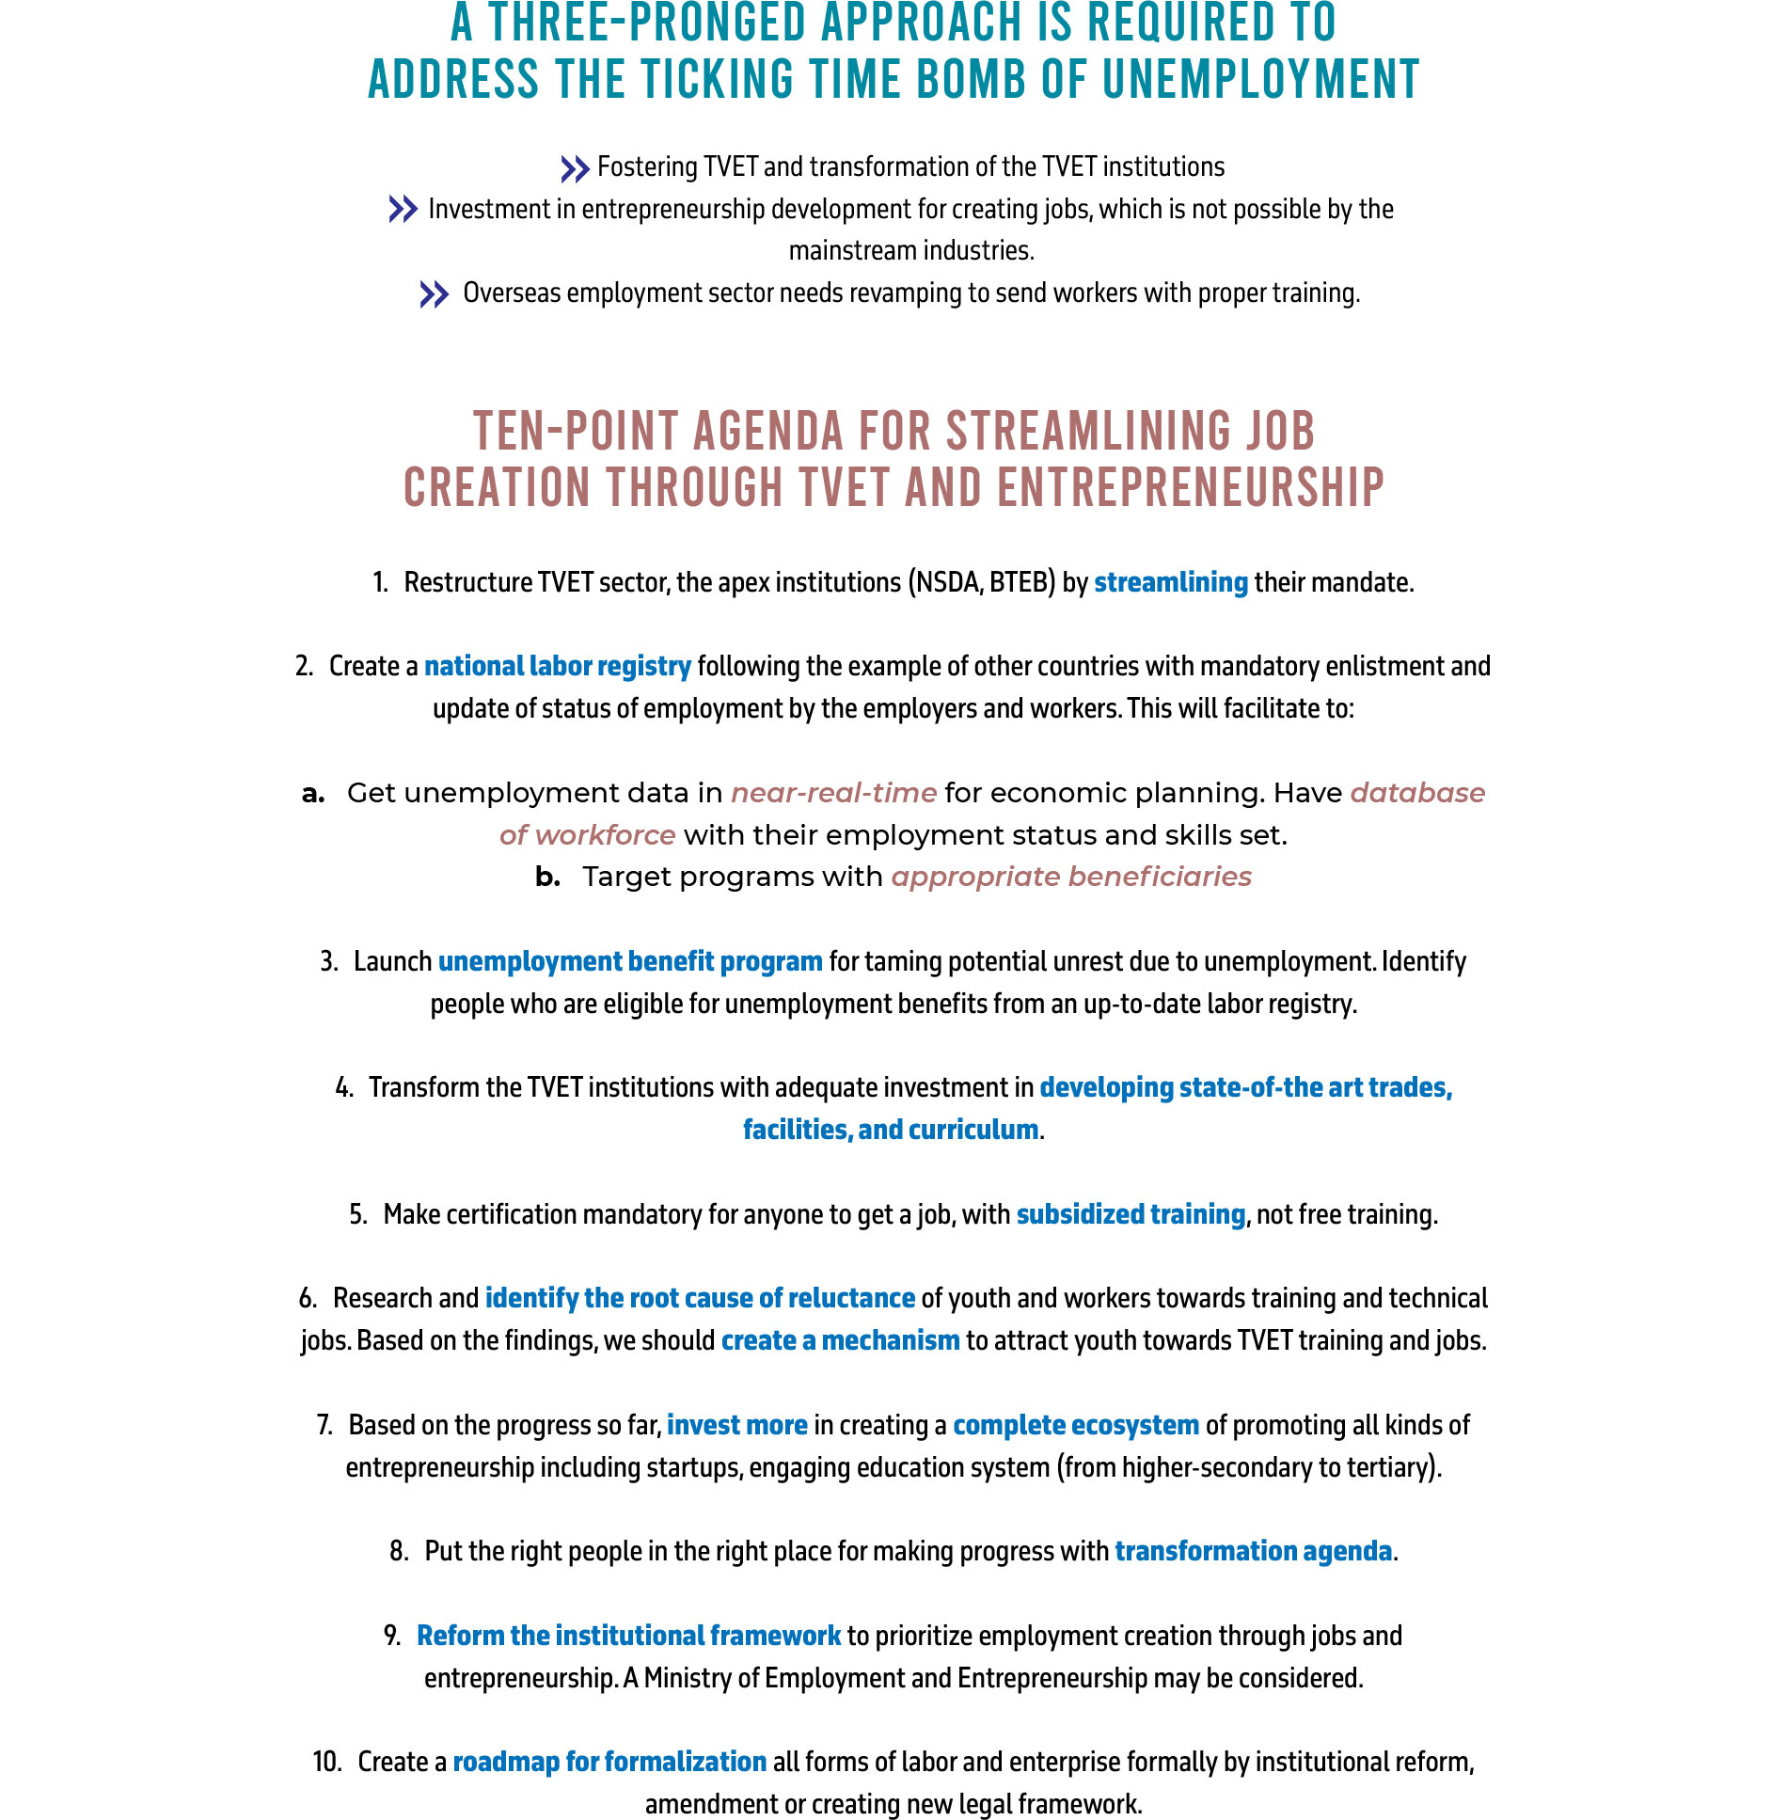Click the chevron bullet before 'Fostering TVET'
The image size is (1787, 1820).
coord(575,169)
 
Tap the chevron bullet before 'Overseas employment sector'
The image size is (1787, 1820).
coord(434,295)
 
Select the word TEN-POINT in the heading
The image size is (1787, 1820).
coord(575,432)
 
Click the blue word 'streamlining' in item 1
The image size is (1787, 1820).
coord(1170,583)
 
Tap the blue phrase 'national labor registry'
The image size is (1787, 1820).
coord(557,667)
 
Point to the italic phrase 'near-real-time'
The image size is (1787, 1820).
coord(833,793)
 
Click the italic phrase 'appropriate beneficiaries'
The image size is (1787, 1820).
coord(1071,877)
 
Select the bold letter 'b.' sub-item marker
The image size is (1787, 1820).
coord(547,877)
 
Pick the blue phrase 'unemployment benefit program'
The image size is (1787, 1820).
coord(630,962)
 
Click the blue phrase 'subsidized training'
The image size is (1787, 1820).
coord(1131,1215)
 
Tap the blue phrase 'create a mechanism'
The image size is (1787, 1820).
coord(840,1340)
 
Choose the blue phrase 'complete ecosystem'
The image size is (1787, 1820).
coord(1076,1426)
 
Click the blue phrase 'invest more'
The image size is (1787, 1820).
coord(737,1426)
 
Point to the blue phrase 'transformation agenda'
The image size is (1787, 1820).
coord(1253,1552)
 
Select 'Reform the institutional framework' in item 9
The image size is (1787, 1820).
coord(628,1637)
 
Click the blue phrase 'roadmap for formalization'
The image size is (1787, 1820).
coord(609,1763)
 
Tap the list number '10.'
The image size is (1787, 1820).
coord(327,1763)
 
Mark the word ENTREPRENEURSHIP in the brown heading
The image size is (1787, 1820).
coord(1190,489)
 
